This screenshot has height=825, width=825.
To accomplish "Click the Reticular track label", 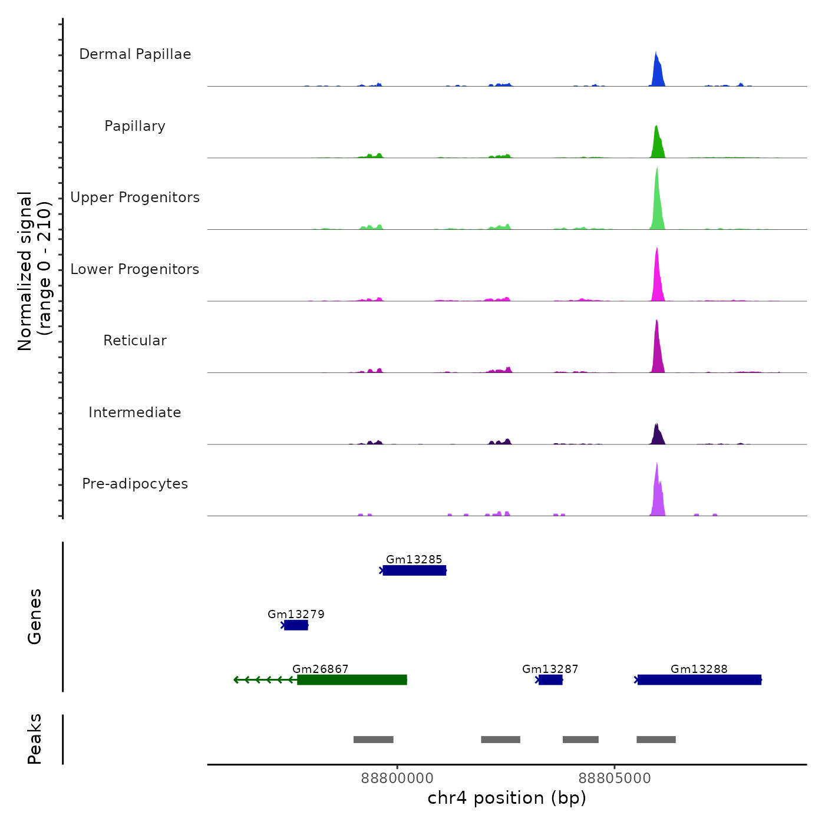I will [x=135, y=341].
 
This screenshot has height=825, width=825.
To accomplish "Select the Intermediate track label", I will [x=135, y=412].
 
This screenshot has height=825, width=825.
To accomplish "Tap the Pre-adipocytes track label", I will [x=135, y=484].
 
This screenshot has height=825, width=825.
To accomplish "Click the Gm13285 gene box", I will [x=414, y=570].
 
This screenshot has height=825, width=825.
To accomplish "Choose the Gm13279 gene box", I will [x=296, y=625].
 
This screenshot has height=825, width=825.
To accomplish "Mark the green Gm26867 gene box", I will [x=352, y=680].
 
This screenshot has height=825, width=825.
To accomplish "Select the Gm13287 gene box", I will [x=550, y=680].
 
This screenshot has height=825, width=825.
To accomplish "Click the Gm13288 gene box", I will [x=699, y=680].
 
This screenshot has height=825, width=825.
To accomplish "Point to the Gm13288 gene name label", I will [x=699, y=669].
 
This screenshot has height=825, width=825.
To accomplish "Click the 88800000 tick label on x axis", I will [x=397, y=778].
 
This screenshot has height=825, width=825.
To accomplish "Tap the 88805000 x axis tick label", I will [x=615, y=778].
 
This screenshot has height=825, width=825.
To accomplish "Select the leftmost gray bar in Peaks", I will [x=373, y=740].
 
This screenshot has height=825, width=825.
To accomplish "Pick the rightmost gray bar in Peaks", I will [x=656, y=740].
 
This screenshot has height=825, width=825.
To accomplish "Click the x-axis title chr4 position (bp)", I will [x=507, y=798].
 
